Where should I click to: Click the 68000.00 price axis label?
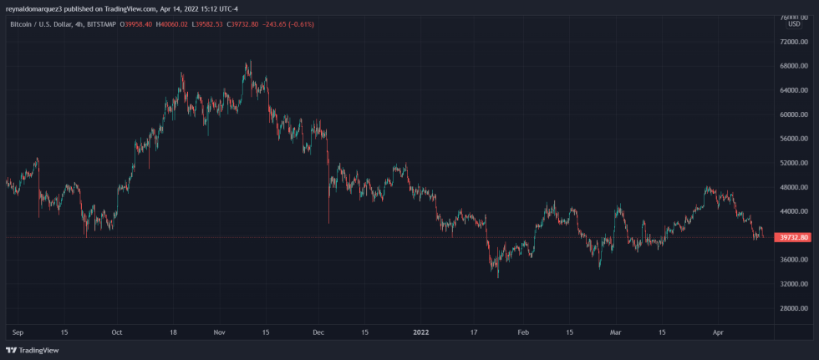pos(792,66)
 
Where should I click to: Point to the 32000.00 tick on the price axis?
pos(792,284)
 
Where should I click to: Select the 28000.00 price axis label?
pos(792,308)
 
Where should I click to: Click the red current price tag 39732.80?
pos(792,237)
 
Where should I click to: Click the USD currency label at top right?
pos(793,23)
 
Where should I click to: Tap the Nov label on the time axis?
pos(219,332)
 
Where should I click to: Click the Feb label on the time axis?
pos(523,332)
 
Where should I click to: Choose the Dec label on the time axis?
pos(317,332)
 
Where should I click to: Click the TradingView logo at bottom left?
pos(26,351)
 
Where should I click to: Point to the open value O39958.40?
pos(136,23)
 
